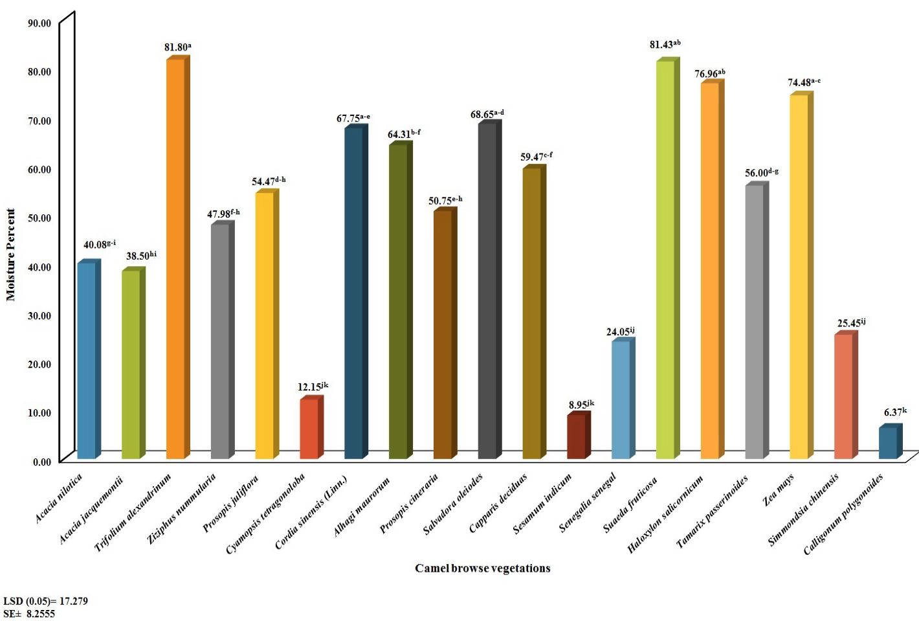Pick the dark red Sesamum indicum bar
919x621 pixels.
579,435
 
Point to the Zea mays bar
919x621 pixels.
802,275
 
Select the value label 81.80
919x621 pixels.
177,47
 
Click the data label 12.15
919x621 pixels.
313,387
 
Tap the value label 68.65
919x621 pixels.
487,114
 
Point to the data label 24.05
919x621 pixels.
620,332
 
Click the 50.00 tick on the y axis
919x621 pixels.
39,218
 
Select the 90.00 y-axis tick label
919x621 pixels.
39,23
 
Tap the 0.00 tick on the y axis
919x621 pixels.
42,462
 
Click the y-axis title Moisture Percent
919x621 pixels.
10,255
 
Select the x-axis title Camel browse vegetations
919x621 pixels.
483,568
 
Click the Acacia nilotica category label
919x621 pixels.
59,498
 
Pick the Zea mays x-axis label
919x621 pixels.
778,490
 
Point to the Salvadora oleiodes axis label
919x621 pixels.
453,504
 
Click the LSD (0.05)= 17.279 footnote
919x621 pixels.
45,602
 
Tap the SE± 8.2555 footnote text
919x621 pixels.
29,614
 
